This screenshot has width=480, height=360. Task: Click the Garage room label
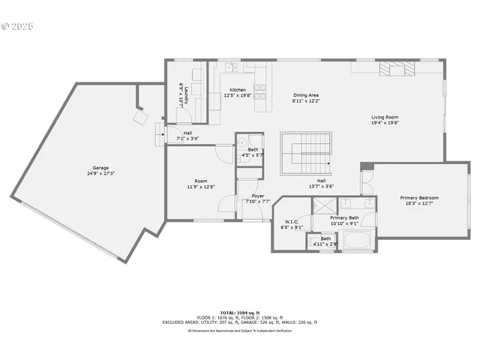tap(100, 167)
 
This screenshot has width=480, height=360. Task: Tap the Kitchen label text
tap(238, 90)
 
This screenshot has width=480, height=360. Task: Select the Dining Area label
tap(306, 95)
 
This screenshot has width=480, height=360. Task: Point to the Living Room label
tap(385, 117)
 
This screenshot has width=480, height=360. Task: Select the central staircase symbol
tap(306, 152)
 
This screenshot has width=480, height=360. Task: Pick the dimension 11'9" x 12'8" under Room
tap(201, 187)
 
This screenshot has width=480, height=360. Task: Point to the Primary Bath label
tap(344, 217)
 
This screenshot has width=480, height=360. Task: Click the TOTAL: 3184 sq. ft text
tap(239, 311)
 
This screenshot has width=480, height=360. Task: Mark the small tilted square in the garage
tap(140, 117)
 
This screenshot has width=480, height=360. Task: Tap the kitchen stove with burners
tap(260, 91)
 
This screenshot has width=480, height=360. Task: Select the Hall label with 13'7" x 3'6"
tap(321, 181)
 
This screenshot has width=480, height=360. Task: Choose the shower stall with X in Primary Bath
tap(324, 204)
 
